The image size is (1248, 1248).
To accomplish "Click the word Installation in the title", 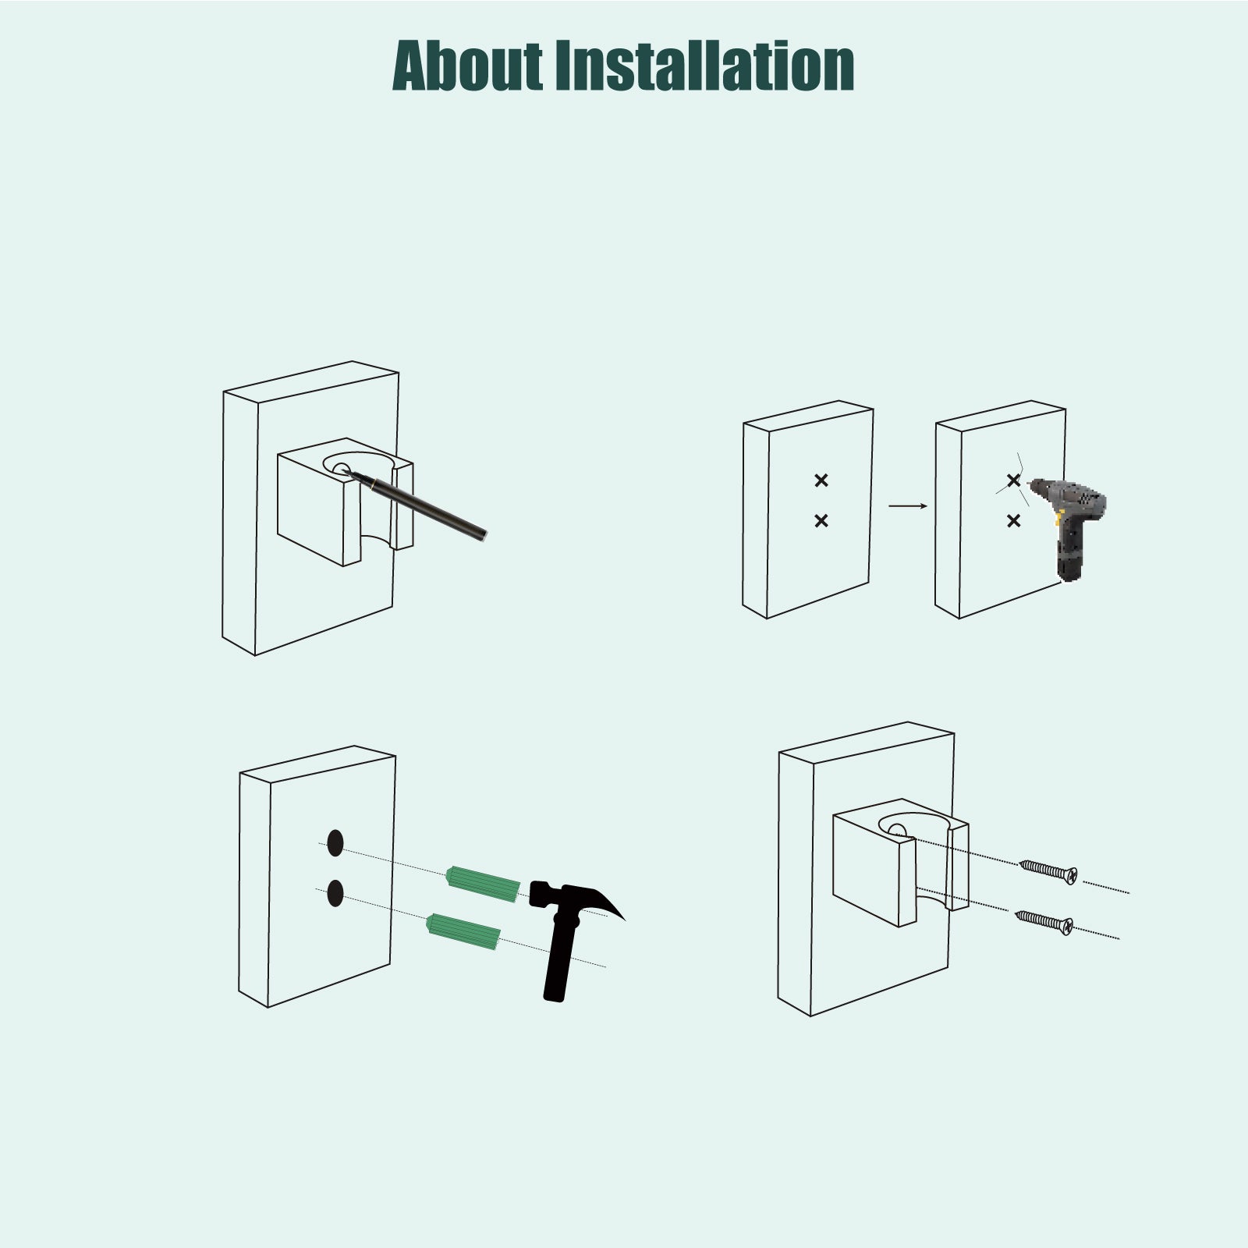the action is point(704,66).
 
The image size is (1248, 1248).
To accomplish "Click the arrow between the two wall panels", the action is point(908,506).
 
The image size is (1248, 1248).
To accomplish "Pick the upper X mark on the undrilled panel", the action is point(821,480).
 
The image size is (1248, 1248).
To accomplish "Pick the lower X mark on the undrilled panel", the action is point(821,520).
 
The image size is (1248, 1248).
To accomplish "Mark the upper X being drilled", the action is point(1013,480).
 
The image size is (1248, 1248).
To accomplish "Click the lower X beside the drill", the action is point(1013,520).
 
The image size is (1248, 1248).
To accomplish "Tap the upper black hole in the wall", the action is point(335,844).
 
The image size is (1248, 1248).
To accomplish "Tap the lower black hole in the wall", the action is point(335,893).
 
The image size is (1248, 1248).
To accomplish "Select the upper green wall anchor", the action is point(483,885).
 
